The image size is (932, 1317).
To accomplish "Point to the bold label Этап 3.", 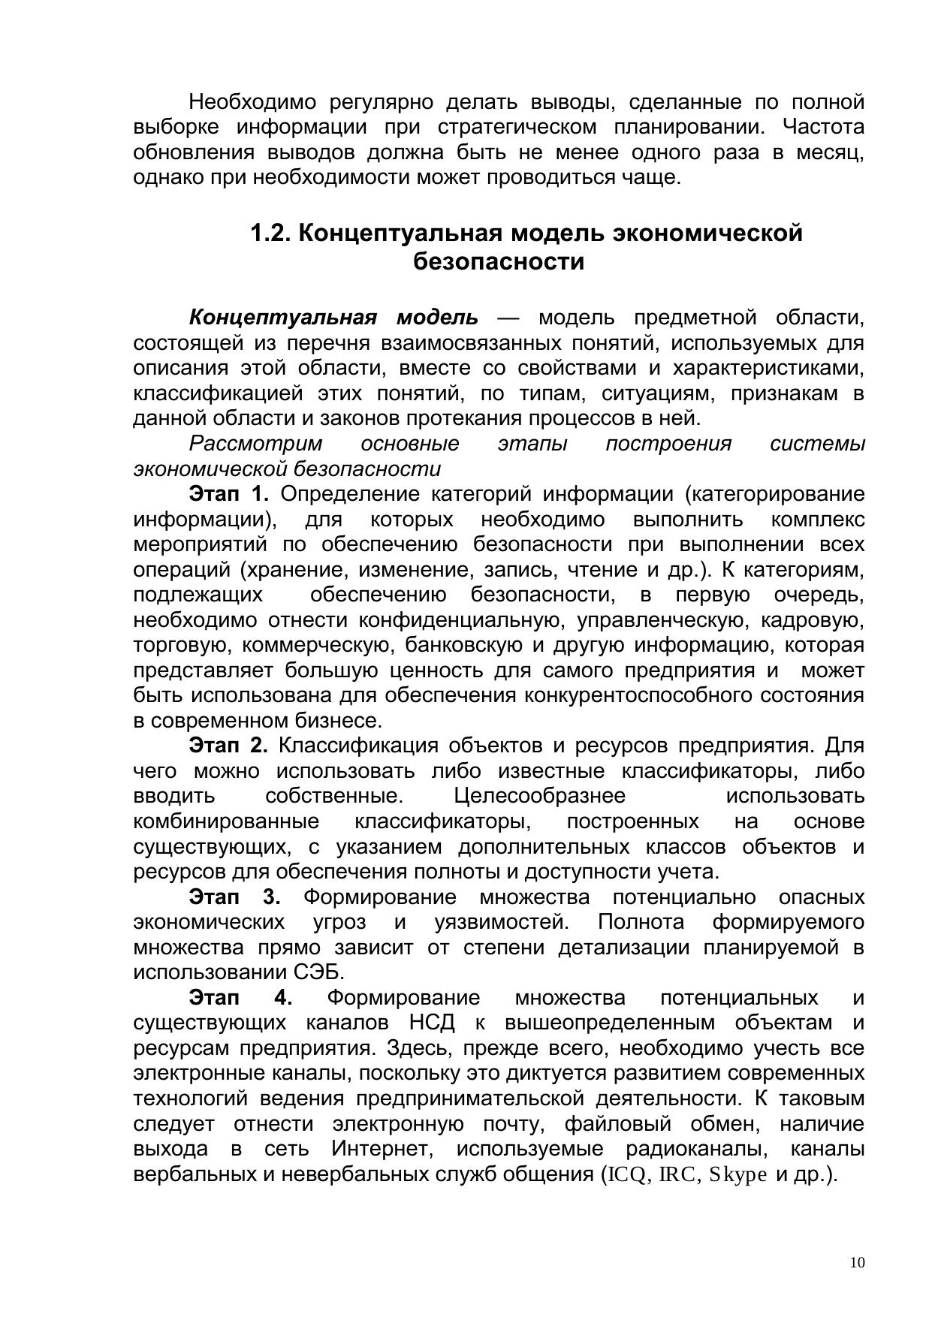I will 234,897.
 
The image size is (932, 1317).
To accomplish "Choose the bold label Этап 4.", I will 240,998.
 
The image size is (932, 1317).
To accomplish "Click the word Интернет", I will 380,1149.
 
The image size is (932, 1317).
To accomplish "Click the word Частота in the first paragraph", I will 823,127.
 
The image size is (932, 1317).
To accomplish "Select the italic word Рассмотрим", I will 255,444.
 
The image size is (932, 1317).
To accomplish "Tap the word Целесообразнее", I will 539,796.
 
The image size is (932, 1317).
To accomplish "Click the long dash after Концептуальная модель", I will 508,318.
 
